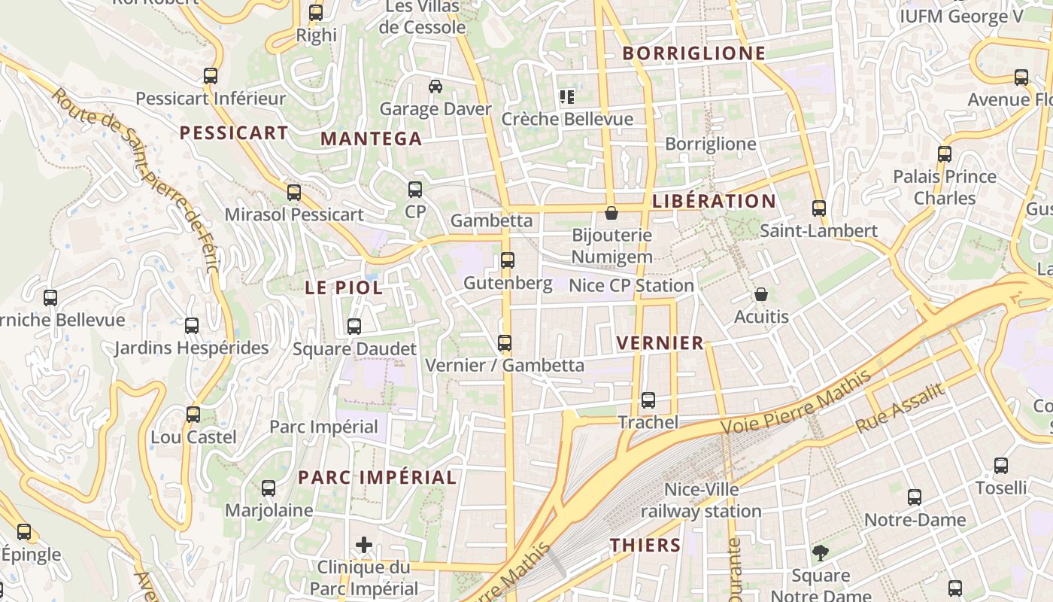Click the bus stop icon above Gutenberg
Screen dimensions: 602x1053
pyautogui.click(x=508, y=260)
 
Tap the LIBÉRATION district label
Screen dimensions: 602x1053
pyautogui.click(x=714, y=202)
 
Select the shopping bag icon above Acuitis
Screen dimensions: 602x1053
pyautogui.click(x=761, y=294)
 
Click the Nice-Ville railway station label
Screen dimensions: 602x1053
pyautogui.click(x=701, y=500)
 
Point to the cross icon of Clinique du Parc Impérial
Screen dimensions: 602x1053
pyautogui.click(x=364, y=544)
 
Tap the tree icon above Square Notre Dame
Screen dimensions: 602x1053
pyautogui.click(x=821, y=553)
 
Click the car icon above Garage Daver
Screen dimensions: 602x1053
pyautogui.click(x=435, y=87)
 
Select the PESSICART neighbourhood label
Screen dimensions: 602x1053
pyautogui.click(x=234, y=133)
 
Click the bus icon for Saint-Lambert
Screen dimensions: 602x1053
pyautogui.click(x=819, y=208)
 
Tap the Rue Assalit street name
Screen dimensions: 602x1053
pyautogui.click(x=900, y=408)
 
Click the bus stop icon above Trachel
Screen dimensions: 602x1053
pyautogui.click(x=648, y=400)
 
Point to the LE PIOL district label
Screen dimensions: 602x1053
pyautogui.click(x=344, y=287)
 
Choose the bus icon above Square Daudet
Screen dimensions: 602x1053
pyautogui.click(x=354, y=327)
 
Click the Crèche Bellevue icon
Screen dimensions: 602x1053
pyautogui.click(x=567, y=96)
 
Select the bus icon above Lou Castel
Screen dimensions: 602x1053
pyautogui.click(x=193, y=415)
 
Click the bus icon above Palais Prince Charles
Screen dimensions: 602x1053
pyautogui.click(x=945, y=154)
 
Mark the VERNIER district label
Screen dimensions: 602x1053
pyautogui.click(x=660, y=343)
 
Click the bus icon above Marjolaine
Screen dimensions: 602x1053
pyautogui.click(x=269, y=488)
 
